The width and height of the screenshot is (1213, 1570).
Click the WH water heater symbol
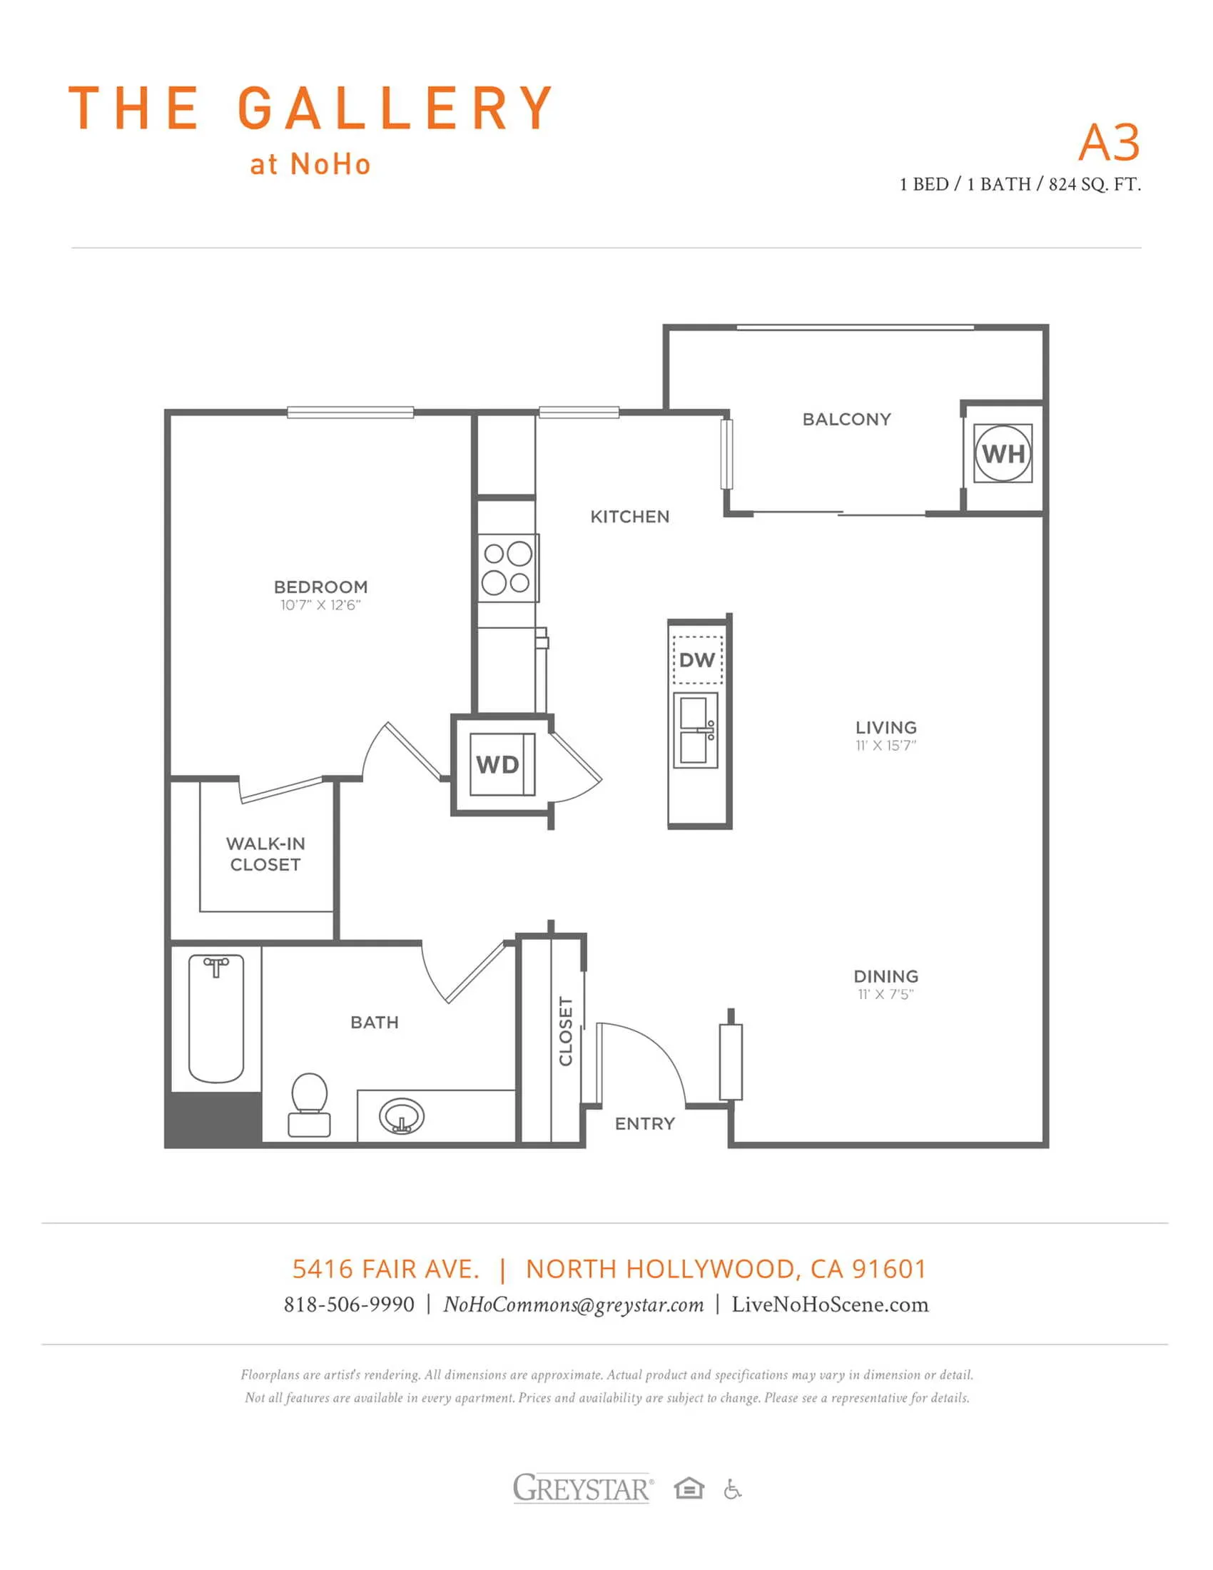(x=1003, y=454)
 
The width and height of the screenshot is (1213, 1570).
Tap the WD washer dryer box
(x=502, y=764)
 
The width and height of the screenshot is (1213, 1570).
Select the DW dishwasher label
(x=697, y=660)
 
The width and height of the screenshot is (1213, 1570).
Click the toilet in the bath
(x=309, y=1105)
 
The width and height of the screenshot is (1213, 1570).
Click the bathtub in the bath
(x=216, y=1018)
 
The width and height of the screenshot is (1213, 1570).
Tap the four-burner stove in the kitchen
(x=509, y=568)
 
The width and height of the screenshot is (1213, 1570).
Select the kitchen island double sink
(x=696, y=730)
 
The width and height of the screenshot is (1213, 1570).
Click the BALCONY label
(x=846, y=419)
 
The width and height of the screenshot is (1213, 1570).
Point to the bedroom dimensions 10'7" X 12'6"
(x=320, y=605)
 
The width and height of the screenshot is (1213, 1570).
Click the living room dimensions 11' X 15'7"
(x=885, y=746)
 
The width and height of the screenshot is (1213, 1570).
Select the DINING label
(x=885, y=976)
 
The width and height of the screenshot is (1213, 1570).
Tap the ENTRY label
(x=644, y=1123)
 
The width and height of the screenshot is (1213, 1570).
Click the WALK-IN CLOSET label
(x=265, y=854)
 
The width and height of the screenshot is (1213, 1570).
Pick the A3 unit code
(x=1109, y=142)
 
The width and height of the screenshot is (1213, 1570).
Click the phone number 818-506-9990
(x=349, y=1304)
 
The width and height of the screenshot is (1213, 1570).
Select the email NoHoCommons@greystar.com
(x=574, y=1305)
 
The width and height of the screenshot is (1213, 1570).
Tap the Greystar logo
(x=582, y=1488)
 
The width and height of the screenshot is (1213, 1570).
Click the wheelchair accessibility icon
(x=732, y=1489)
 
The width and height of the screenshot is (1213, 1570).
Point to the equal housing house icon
(x=689, y=1488)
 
